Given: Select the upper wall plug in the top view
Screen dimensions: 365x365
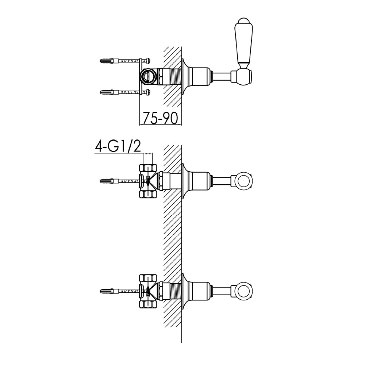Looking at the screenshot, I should (x=107, y=60).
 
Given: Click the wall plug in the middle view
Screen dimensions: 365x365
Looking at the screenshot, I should (x=107, y=181).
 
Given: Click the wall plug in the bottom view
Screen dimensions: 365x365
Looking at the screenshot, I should (x=107, y=291).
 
